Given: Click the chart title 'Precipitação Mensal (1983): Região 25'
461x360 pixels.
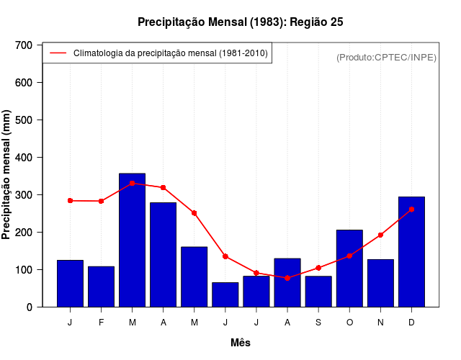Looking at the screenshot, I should (x=240, y=22).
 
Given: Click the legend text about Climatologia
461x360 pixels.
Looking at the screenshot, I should (x=171, y=53).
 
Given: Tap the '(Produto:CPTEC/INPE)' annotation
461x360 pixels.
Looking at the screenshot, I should (x=386, y=58).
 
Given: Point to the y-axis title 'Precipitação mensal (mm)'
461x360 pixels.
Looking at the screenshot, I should (x=7, y=175).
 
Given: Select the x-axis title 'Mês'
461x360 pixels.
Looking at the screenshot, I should (x=241, y=343).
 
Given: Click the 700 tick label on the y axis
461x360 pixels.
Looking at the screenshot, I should (x=24, y=45).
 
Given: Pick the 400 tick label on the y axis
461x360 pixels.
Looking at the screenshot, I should (x=24, y=158).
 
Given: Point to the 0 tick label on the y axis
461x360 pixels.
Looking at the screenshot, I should (x=30, y=307).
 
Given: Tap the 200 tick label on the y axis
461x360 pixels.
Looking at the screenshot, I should (x=24, y=233).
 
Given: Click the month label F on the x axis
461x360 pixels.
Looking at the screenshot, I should (x=102, y=322).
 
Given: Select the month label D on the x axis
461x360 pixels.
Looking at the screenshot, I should (x=411, y=322).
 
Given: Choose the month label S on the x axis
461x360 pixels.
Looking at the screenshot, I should (x=318, y=322).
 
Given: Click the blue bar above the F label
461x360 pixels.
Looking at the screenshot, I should (x=102, y=287).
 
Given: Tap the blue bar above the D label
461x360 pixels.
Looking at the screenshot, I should (x=411, y=252).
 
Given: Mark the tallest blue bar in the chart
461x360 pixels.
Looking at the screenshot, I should (x=133, y=240).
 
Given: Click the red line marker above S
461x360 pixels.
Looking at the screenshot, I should (x=318, y=268).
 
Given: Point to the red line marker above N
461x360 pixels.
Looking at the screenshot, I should (x=380, y=235).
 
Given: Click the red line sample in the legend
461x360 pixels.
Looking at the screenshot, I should (x=58, y=53).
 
